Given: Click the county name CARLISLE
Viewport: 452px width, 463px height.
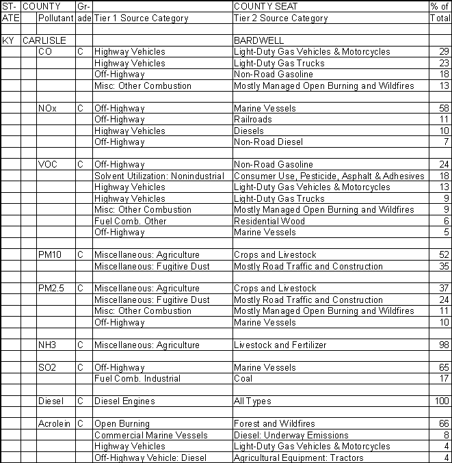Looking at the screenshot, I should coord(44,40).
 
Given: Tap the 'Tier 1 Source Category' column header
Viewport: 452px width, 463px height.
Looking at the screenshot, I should coord(141,18).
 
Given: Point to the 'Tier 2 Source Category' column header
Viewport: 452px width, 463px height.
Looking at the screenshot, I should coord(281,18).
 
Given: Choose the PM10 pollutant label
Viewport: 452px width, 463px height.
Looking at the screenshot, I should coord(51,255).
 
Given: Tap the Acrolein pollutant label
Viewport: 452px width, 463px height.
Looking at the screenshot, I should coord(55,424).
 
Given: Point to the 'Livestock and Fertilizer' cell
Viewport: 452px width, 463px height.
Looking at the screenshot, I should coord(280,345).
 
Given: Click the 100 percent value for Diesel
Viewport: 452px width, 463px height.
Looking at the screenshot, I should coord(441,401).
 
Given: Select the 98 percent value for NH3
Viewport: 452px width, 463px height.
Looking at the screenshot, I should coord(443,345).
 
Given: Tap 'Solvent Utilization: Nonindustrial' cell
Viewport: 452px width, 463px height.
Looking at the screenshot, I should coord(159,176).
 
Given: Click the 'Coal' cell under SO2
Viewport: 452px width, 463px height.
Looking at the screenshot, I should coord(243,378).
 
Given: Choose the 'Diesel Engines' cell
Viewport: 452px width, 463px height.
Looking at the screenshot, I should coord(124,401).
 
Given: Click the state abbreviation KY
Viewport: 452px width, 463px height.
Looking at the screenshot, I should coord(8,40).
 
